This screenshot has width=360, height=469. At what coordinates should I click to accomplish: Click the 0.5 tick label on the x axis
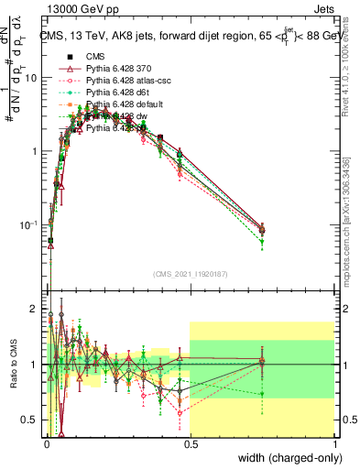tap(190, 442)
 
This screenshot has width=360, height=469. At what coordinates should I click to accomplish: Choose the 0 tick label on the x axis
tap(45, 442)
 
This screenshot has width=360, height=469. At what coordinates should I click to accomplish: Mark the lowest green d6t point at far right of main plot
tap(262, 243)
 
